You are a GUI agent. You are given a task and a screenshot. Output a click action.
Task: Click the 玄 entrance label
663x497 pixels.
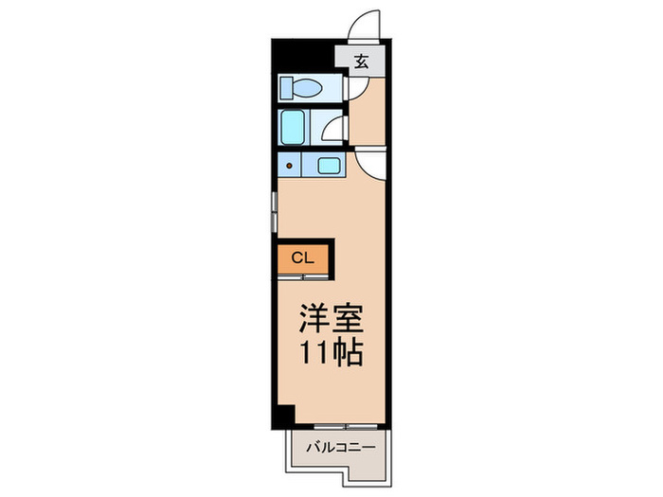[x=363, y=62]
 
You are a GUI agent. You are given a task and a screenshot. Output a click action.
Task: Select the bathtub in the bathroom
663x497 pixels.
[x=293, y=126]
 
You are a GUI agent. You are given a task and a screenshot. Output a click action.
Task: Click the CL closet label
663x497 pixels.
[x=302, y=257]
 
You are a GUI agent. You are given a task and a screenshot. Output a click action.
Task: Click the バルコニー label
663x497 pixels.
[x=340, y=446]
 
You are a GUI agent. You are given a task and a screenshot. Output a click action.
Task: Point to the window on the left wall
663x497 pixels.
[x=273, y=208]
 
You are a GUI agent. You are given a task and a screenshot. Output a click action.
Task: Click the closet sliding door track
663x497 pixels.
[x=303, y=276]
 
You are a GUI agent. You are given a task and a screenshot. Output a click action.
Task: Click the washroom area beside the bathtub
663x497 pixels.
[x=331, y=128]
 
